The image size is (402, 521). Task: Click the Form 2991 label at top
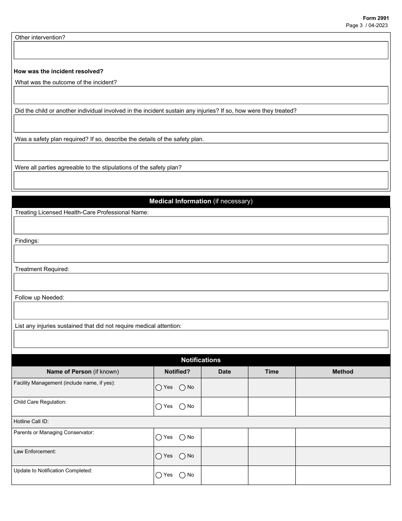[375, 18]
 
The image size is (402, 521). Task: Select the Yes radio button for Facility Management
[159, 388]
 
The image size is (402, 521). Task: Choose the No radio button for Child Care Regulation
[182, 407]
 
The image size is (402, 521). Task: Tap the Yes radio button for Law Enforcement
[159, 456]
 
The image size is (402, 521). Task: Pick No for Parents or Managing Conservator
[182, 438]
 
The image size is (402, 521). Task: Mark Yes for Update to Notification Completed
[159, 475]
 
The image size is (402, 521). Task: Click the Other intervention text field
[201, 50]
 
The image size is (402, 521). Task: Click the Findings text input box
[201, 254]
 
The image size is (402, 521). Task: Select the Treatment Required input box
[201, 282]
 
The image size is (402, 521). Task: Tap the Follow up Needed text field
[201, 310]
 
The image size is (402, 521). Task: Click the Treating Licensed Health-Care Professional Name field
[201, 225]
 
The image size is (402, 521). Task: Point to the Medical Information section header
[201, 201]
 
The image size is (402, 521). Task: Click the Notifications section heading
[201, 360]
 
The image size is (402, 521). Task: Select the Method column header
[342, 371]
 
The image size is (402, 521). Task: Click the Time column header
[272, 371]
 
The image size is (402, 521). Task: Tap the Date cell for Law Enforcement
[224, 456]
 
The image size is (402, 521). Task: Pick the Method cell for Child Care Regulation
[342, 407]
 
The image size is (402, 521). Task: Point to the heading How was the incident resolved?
[58, 71]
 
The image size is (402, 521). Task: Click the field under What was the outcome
[201, 95]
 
